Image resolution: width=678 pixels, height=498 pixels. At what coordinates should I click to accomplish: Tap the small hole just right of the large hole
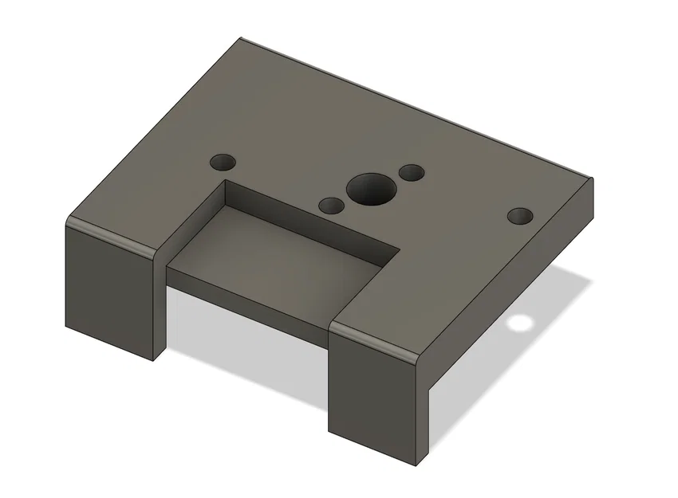point(412,172)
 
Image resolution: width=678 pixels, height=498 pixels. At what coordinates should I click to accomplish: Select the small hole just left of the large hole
point(331,206)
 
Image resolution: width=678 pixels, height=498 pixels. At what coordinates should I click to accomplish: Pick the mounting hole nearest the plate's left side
point(224,162)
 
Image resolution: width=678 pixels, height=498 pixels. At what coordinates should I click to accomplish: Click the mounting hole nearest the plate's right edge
point(521,216)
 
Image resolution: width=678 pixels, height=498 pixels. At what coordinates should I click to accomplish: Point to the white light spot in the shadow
point(520,324)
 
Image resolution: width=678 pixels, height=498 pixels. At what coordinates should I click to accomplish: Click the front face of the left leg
point(108,291)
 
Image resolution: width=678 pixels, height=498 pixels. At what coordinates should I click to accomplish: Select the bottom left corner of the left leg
point(66,327)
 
